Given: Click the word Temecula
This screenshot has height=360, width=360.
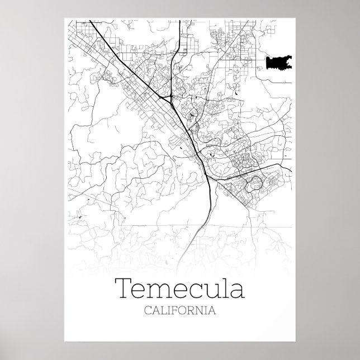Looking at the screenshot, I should click(x=179, y=290).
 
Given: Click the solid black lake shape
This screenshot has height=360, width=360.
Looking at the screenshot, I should click(x=278, y=63).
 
